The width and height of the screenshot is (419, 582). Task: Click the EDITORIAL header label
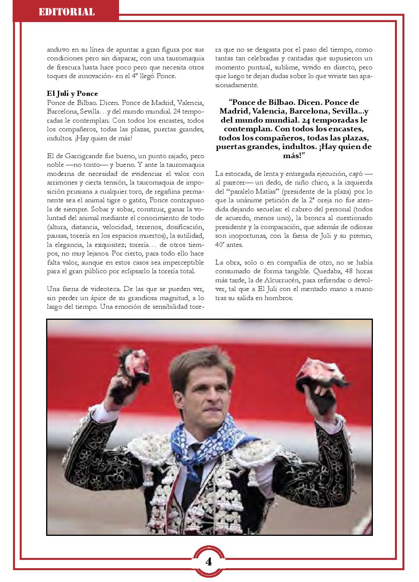point(66,12)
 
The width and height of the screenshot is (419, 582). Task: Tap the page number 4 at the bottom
point(209,561)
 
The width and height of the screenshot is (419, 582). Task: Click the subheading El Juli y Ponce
point(72,93)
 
